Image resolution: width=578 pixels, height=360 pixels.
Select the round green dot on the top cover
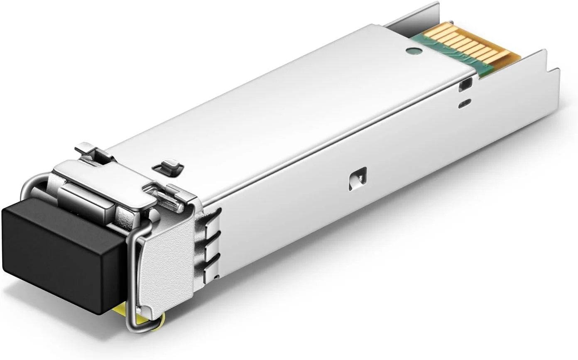click(x=413, y=51)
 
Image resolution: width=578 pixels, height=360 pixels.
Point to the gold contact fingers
click(x=469, y=46)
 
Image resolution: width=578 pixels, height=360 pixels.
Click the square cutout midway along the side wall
click(x=358, y=179)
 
